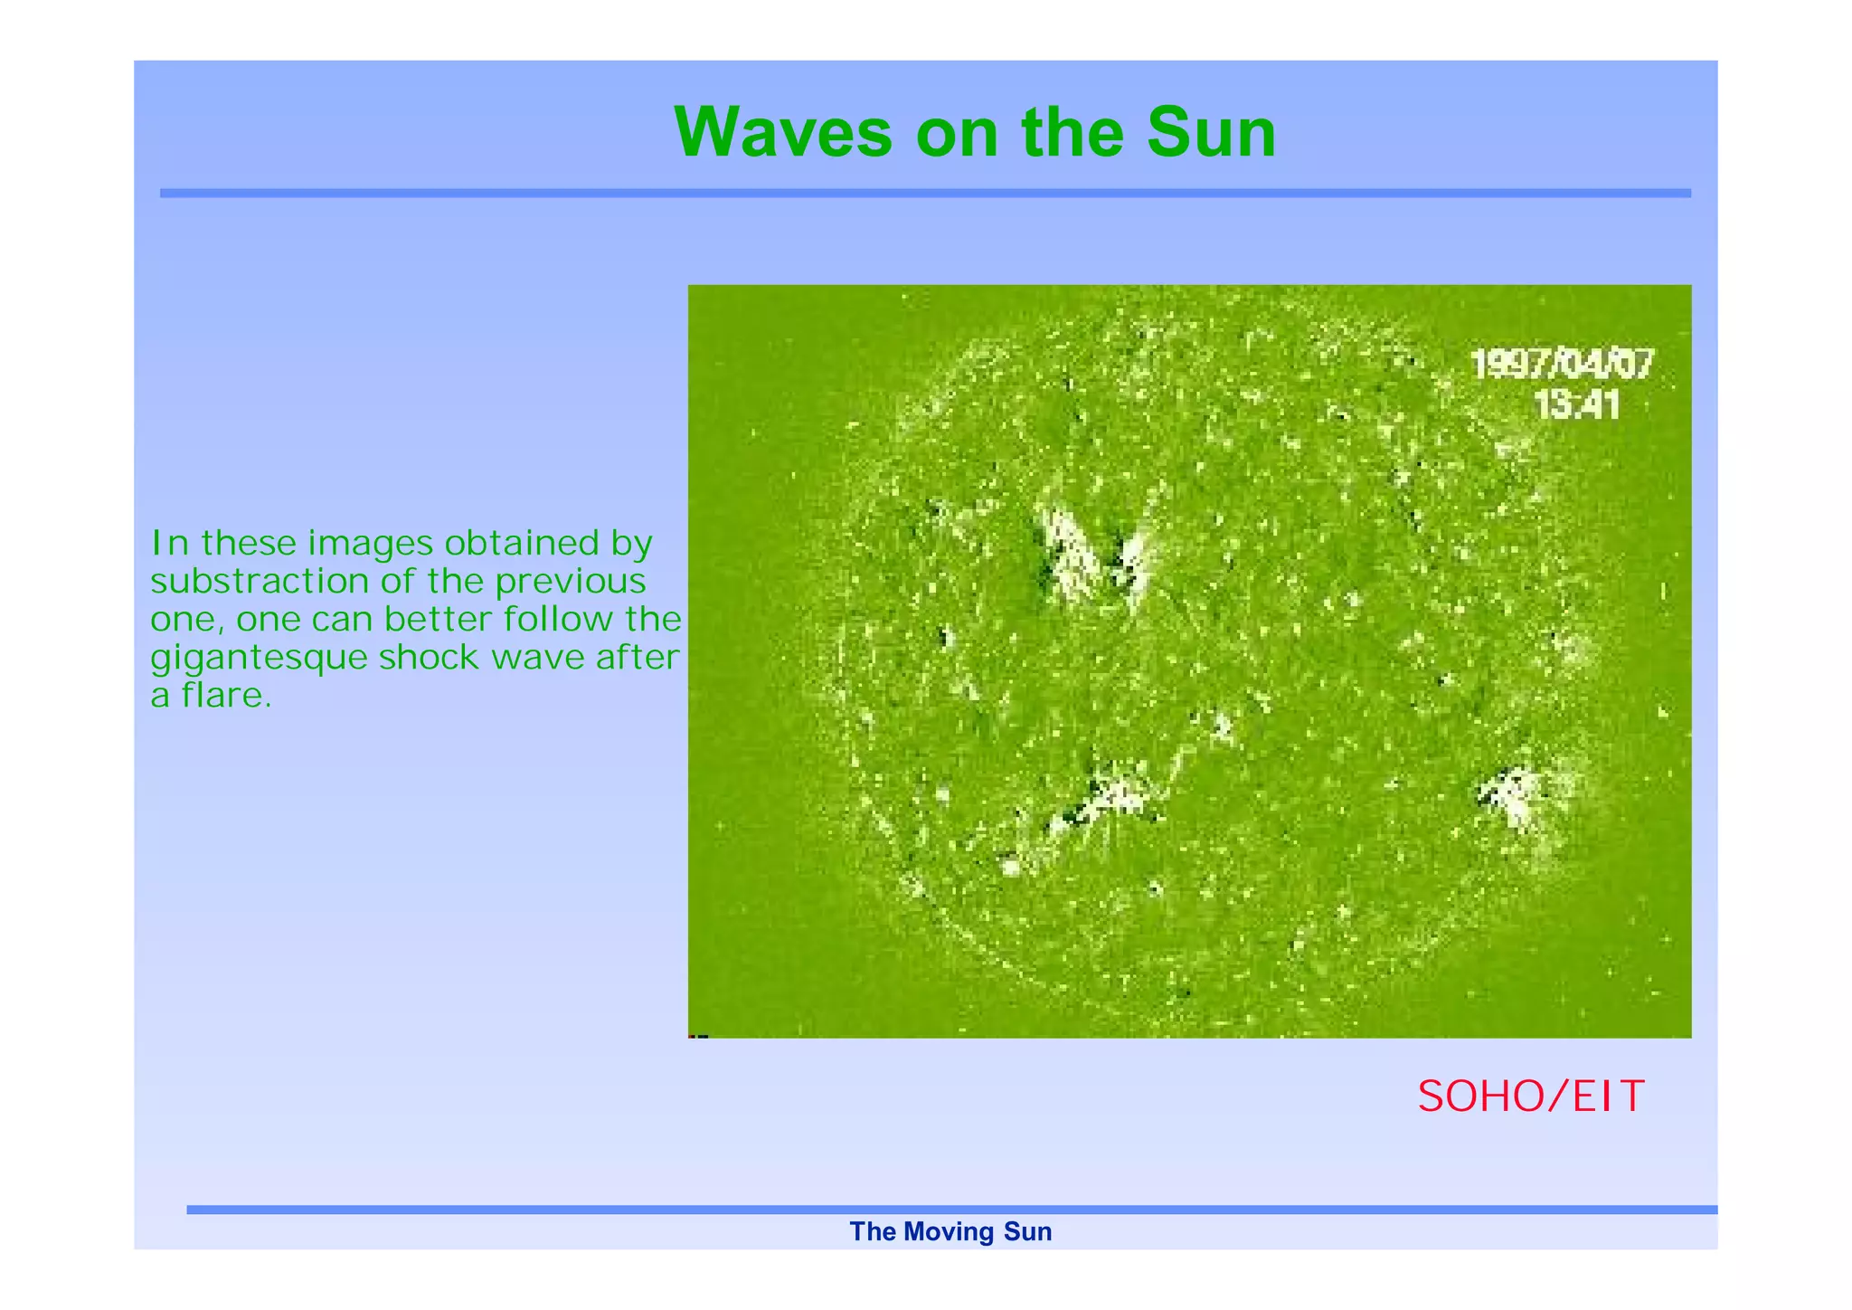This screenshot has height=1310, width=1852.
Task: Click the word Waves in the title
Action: point(783,133)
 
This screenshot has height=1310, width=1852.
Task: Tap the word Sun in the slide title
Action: point(1211,133)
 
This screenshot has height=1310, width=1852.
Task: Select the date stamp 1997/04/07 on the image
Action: point(1562,365)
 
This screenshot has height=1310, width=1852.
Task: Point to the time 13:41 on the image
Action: point(1577,404)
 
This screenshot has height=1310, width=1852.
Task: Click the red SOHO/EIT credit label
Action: point(1530,1096)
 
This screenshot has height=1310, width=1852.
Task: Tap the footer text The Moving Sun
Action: point(950,1231)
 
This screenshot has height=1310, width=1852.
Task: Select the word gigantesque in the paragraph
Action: point(260,659)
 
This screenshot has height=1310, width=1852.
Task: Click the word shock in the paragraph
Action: point(430,657)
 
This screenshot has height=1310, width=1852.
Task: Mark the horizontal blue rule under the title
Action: point(925,193)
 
